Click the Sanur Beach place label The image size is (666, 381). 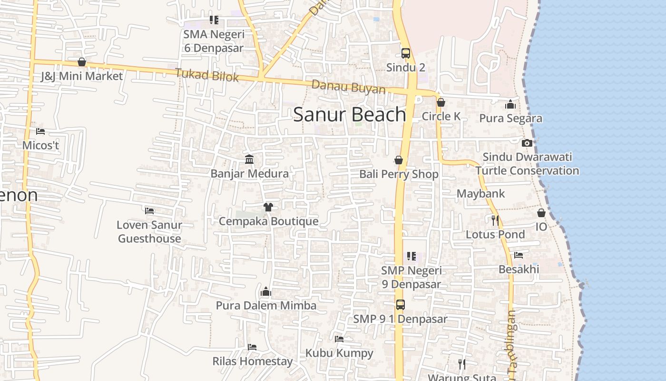tap(349, 115)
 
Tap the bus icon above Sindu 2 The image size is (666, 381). tap(405, 53)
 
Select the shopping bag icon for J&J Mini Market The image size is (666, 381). tap(82, 62)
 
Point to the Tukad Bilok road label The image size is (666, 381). tap(206, 75)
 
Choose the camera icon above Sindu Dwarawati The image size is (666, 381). tap(527, 143)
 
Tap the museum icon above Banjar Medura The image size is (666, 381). tap(249, 159)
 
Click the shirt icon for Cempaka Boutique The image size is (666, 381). tap(268, 207)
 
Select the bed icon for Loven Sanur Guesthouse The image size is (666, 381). tap(149, 211)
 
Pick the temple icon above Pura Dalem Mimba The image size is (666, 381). tap(266, 291)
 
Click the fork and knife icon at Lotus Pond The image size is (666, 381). tap(495, 220)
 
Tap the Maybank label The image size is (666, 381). tap(480, 194)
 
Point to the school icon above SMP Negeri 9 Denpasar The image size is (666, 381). tap(411, 256)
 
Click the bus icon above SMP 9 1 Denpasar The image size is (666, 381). tap(401, 305)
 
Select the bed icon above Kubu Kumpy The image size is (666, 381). tap(339, 339)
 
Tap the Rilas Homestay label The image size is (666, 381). tap(252, 361)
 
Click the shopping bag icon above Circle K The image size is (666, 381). tap(441, 102)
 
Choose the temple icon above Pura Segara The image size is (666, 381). tap(510, 104)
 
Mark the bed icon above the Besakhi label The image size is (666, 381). tap(519, 255)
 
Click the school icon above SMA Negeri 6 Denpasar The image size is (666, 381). tap(214, 20)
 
